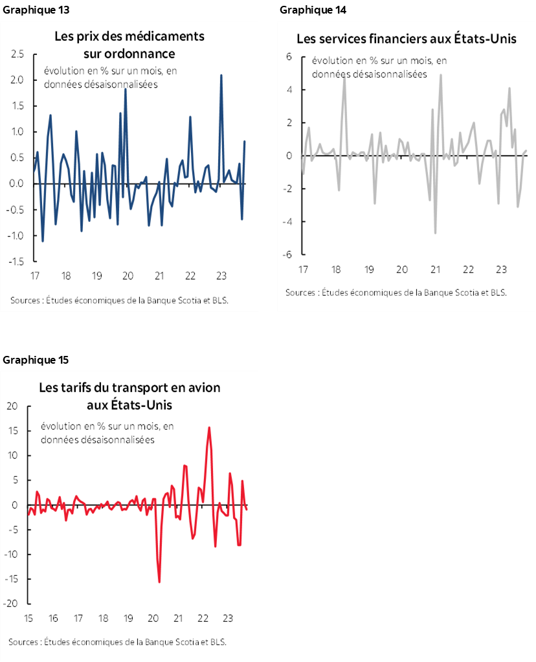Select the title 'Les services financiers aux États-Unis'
pyautogui.click(x=406, y=39)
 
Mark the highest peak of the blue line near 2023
pyautogui.click(x=221, y=75)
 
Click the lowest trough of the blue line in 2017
pyautogui.click(x=43, y=241)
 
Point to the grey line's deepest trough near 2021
pyautogui.click(x=436, y=233)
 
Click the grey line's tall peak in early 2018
pyautogui.click(x=344, y=77)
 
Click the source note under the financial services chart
pyautogui.click(x=396, y=292)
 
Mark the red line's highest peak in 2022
pyautogui.click(x=209, y=427)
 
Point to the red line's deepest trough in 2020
pyautogui.click(x=159, y=582)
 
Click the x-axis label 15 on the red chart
pyautogui.click(x=28, y=617)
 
